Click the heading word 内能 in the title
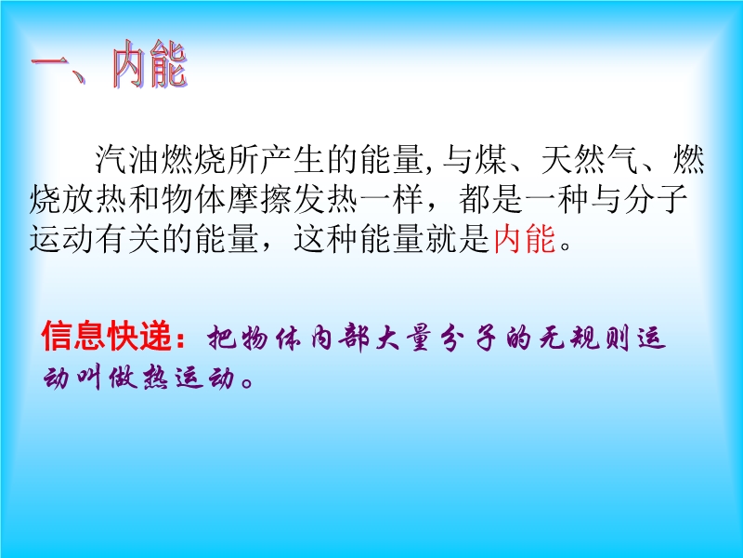pyautogui.click(x=150, y=64)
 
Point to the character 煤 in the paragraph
pyautogui.click(x=490, y=159)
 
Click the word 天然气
pyautogui.click(x=590, y=159)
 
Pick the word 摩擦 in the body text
pyautogui.click(x=260, y=198)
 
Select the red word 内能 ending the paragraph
pyautogui.click(x=525, y=238)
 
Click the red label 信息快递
pyautogui.click(x=107, y=336)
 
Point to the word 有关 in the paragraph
pyautogui.click(x=128, y=238)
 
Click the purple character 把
pyautogui.click(x=221, y=338)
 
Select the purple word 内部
pyautogui.click(x=338, y=338)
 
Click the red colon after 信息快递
pyautogui.click(x=180, y=338)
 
